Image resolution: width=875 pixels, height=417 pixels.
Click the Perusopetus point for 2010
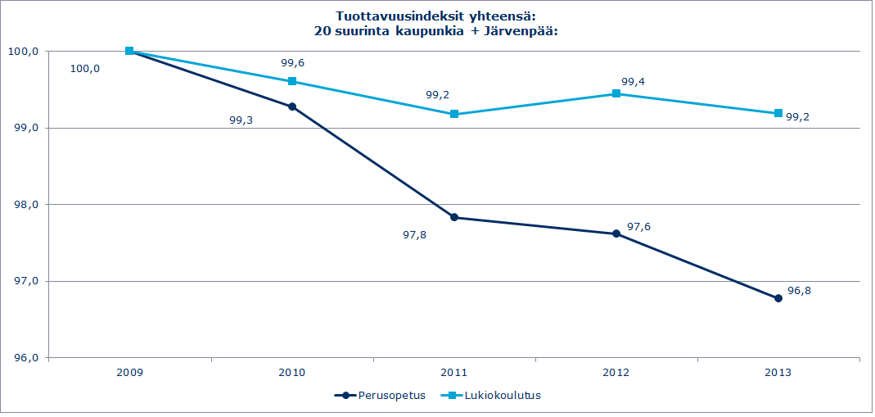click(292, 107)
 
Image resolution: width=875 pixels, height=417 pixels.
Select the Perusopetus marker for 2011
click(454, 218)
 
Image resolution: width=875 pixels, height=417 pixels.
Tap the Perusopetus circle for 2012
click(616, 233)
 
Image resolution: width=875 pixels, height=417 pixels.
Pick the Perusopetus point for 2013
click(778, 298)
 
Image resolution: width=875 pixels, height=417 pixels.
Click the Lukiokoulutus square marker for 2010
click(292, 81)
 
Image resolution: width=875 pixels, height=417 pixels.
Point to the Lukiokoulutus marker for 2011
click(454, 114)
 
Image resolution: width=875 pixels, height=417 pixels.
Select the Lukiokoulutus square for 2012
click(616, 93)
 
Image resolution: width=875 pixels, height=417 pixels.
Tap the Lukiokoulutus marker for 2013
click(778, 113)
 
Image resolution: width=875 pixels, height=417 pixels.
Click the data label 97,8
click(415, 234)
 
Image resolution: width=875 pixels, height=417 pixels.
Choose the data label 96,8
click(799, 291)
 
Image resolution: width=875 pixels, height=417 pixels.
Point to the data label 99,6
click(292, 62)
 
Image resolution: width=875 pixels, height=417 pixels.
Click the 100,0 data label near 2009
click(86, 69)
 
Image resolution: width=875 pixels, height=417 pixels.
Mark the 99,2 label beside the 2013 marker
click(797, 117)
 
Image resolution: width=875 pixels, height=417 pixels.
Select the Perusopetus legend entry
click(381, 395)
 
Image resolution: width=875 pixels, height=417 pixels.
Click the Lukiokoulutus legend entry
click(494, 395)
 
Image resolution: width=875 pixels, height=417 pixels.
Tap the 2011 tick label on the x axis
click(454, 372)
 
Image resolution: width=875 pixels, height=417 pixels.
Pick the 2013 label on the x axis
click(778, 372)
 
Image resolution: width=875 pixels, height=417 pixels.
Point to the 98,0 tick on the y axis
click(25, 205)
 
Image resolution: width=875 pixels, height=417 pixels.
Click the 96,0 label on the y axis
click(25, 358)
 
